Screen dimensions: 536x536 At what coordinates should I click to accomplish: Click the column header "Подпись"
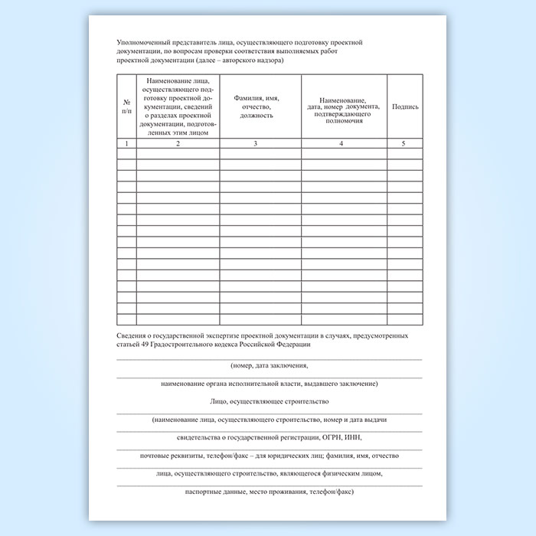point(405,107)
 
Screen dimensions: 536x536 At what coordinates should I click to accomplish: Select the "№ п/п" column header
point(126,107)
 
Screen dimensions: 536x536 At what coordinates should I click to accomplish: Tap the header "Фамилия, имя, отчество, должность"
point(260,107)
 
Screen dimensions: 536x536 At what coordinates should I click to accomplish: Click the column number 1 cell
point(126,143)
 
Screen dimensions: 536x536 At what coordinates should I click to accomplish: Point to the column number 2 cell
point(178,143)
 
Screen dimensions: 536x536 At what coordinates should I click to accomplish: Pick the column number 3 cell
point(260,143)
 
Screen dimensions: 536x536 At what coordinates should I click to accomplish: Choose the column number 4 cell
point(343,143)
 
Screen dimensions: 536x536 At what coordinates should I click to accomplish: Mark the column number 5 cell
point(404,143)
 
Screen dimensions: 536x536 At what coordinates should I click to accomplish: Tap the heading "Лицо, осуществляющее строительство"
point(268,401)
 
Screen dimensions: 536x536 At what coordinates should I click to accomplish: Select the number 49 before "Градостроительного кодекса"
point(146,345)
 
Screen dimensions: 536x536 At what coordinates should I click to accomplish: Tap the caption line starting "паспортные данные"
point(268,492)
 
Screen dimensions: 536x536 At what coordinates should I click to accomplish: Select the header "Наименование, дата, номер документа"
point(343,107)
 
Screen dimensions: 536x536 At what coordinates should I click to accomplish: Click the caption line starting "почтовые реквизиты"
point(268,456)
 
